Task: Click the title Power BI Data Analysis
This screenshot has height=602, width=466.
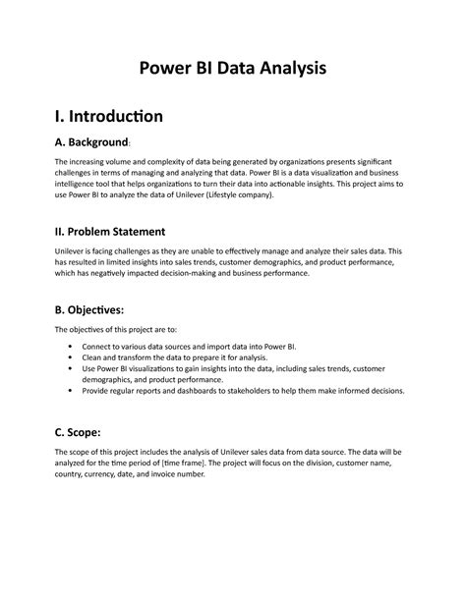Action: click(x=232, y=69)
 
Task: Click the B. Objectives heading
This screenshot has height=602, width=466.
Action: click(x=97, y=311)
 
